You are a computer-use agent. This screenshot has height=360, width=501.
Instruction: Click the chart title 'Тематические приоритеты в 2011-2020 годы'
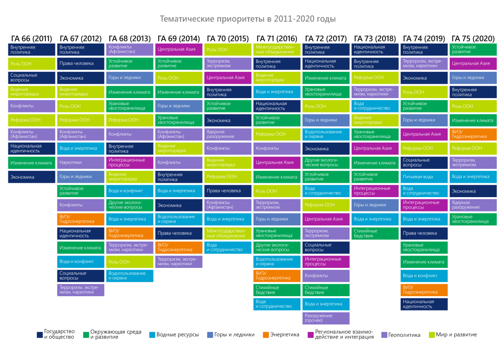click(247, 19)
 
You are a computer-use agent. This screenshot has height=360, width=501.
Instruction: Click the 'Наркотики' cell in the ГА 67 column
click(81, 162)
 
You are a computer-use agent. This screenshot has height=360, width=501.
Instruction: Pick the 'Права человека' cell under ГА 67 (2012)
click(81, 63)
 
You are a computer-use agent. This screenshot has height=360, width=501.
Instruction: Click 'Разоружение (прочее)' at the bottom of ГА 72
click(326, 318)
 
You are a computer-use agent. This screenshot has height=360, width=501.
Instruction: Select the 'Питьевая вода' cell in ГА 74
click(424, 177)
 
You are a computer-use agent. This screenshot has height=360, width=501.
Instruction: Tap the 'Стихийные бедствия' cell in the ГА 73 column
click(375, 233)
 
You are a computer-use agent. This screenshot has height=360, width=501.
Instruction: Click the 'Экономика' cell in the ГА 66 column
click(31, 177)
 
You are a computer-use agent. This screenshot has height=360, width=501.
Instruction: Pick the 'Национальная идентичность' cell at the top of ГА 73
click(375, 49)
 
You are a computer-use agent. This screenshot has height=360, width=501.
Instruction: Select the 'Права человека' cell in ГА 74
click(424, 233)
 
